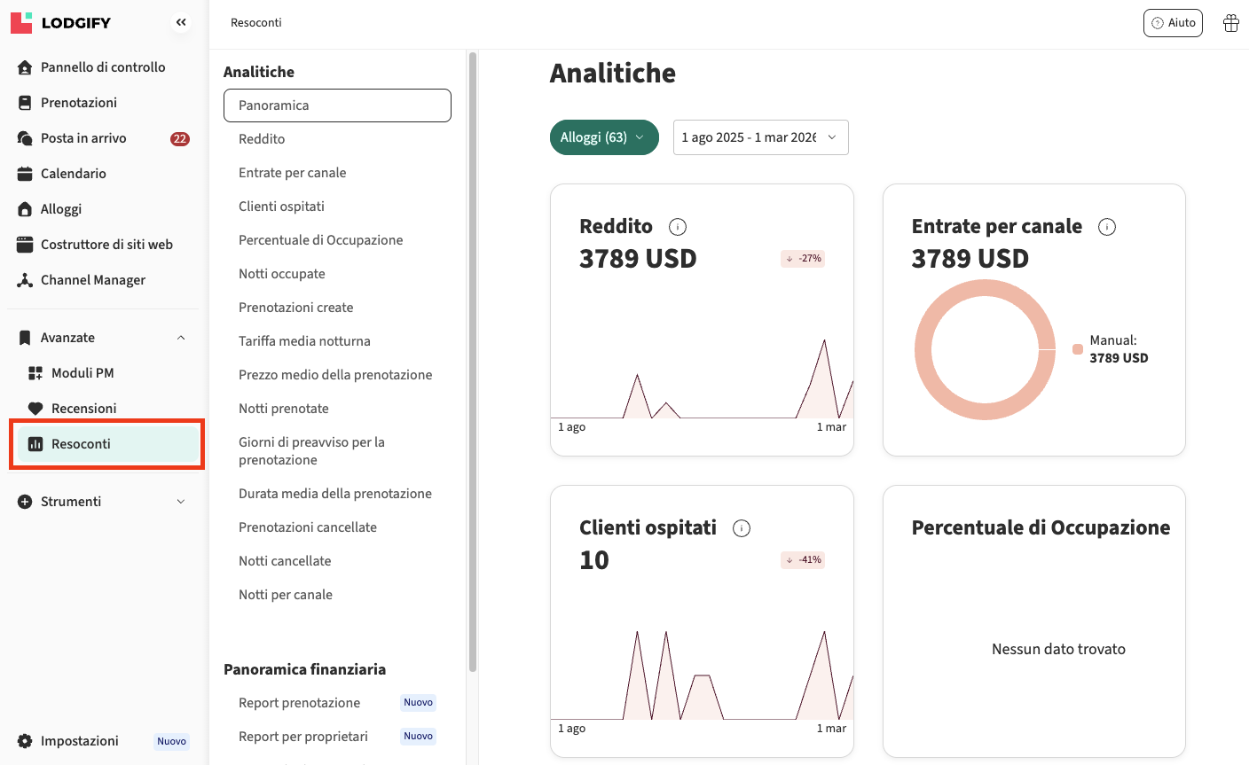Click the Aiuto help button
coord(1173,23)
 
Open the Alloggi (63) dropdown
coord(604,137)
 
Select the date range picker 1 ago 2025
coord(760,137)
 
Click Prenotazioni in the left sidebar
coord(79,103)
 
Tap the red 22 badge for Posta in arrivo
coord(180,138)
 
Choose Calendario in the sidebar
coord(74,174)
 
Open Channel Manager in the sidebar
coord(93,280)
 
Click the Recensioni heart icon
coord(35,409)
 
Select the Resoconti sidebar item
coord(81,444)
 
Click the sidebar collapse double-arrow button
coord(181,23)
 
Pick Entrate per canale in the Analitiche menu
coord(293,173)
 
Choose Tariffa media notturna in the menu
coord(304,341)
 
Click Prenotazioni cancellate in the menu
coord(308,527)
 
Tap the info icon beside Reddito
coord(678,227)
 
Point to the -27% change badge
coord(803,259)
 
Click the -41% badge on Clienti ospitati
coord(803,560)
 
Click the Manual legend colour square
coord(1078,349)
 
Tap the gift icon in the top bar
coord(1231,23)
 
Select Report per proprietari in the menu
coord(303,737)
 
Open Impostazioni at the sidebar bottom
coord(80,741)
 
